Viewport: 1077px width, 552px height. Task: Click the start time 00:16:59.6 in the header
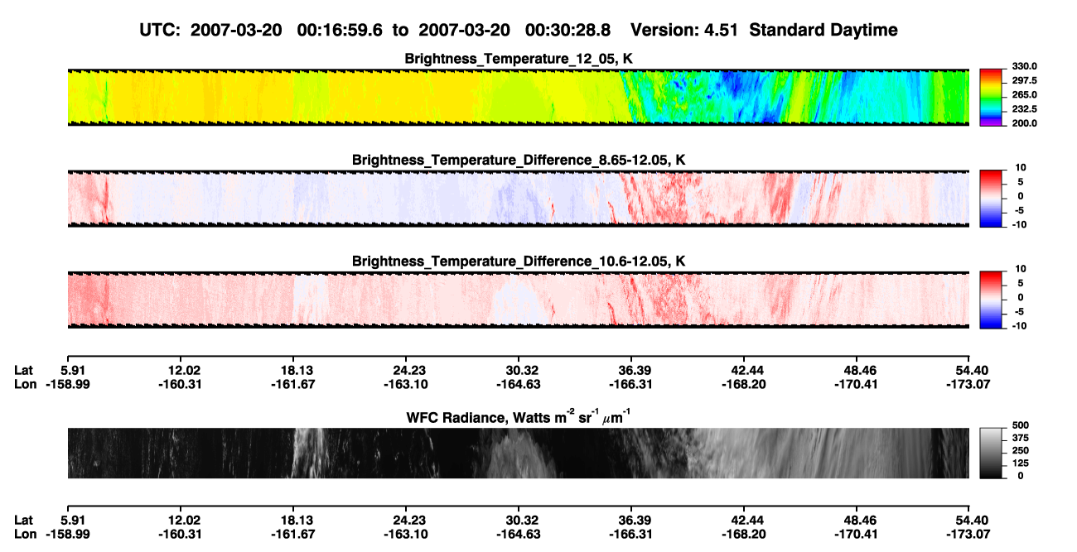pyautogui.click(x=340, y=30)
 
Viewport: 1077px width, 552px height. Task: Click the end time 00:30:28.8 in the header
pyautogui.click(x=567, y=30)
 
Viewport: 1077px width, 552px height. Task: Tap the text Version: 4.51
pyautogui.click(x=683, y=30)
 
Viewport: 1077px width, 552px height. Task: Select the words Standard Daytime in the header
pyautogui.click(x=823, y=30)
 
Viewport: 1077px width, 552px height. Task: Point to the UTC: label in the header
pyautogui.click(x=160, y=30)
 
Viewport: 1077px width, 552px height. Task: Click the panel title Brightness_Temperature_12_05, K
pyautogui.click(x=519, y=59)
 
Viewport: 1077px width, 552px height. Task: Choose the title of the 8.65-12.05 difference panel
pyautogui.click(x=519, y=160)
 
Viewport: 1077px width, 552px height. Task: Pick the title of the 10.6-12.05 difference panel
pyautogui.click(x=519, y=262)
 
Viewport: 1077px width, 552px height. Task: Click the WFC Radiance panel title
pyautogui.click(x=519, y=417)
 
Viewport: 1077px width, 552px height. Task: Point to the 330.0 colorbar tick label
pyautogui.click(x=1024, y=66)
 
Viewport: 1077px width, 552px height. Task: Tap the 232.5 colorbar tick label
pyautogui.click(x=1024, y=109)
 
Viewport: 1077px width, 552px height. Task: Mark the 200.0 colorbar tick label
pyautogui.click(x=1024, y=123)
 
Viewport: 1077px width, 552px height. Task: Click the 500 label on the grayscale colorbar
pyautogui.click(x=1021, y=425)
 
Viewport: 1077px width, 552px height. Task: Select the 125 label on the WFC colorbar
pyautogui.click(x=1021, y=463)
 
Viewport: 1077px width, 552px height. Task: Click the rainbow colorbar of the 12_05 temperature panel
pyautogui.click(x=991, y=98)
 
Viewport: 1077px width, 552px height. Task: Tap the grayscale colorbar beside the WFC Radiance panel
pyautogui.click(x=991, y=453)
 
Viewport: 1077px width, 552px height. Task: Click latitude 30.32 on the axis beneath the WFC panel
pyautogui.click(x=519, y=521)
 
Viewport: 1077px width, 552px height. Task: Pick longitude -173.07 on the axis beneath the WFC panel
pyautogui.click(x=968, y=535)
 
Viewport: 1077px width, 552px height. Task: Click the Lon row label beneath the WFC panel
pyautogui.click(x=26, y=535)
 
